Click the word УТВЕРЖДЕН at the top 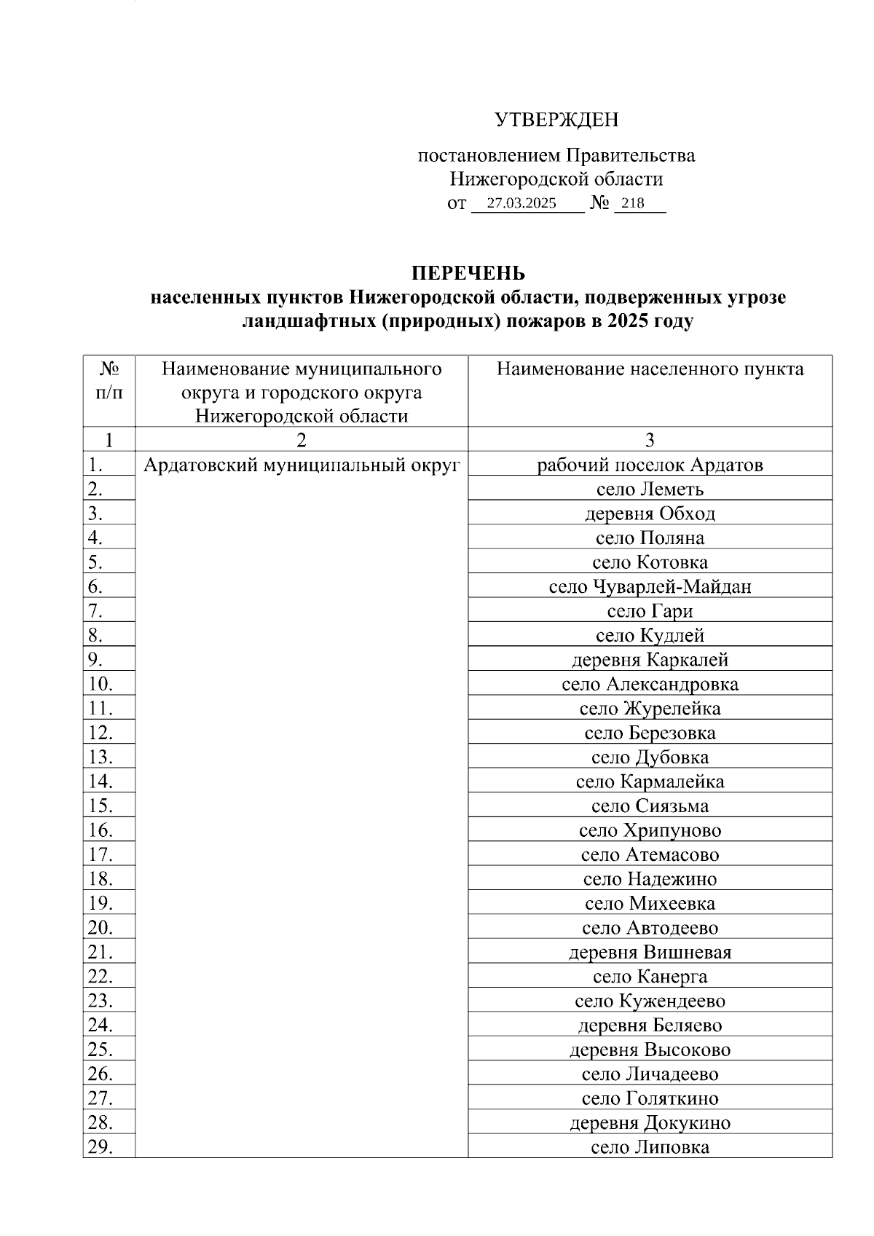pos(556,119)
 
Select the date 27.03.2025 pos(521,203)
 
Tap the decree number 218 pos(634,203)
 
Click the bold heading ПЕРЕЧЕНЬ pos(468,273)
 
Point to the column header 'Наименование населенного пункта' pos(650,369)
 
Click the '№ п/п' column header pos(109,381)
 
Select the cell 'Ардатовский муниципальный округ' pos(302,465)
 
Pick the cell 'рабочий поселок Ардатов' pos(650,465)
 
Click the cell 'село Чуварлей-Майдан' pos(650,586)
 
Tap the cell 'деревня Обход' pos(650,513)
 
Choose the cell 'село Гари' pos(650,611)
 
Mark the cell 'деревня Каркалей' pos(650,660)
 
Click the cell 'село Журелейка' pos(650,709)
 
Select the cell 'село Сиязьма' pos(650,806)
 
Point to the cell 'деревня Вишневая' pos(650,952)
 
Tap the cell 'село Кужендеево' pos(650,1001)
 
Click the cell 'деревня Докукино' pos(650,1122)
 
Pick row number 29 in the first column pos(101,1147)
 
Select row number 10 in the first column pos(101,684)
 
